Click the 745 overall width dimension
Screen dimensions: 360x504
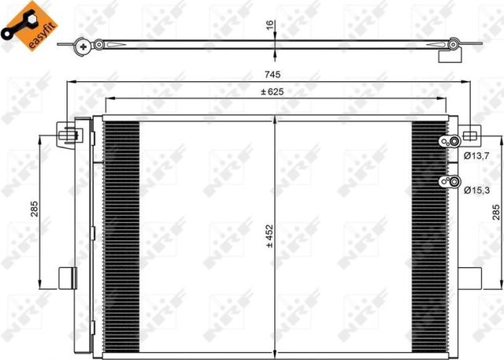pos(272,75)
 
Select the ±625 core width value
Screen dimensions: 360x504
pos(272,91)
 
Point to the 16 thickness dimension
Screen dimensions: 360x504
pos(270,25)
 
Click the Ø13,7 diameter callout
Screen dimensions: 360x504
pos(477,156)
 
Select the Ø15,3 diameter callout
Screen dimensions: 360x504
pos(477,190)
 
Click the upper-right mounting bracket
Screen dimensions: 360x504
pos(468,134)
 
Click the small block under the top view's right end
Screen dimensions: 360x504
pos(449,56)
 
